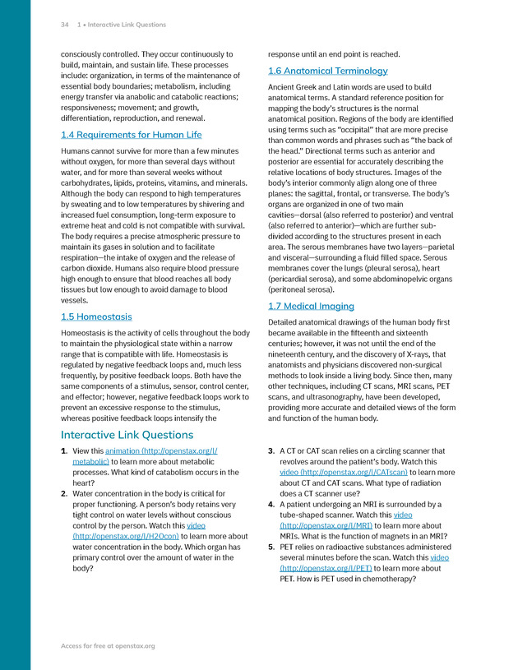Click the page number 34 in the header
coord(64,25)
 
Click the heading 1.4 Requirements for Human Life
coord(131,135)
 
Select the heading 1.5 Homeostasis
coord(96,317)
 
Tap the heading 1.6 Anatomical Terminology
coord(327,71)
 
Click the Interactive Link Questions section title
coord(127,434)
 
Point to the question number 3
coord(271,451)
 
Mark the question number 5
coord(271,546)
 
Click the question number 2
coord(64,493)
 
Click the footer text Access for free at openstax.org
coord(108,646)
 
